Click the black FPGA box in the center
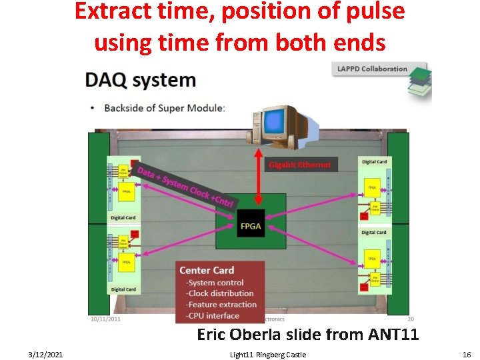(x=246, y=225)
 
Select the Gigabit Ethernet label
(x=299, y=165)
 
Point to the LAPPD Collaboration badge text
(x=372, y=69)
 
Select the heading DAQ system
(x=141, y=81)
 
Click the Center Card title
(x=207, y=270)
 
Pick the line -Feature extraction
(x=221, y=305)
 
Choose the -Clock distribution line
(x=220, y=293)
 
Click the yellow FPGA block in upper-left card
(x=126, y=193)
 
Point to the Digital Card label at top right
(x=374, y=162)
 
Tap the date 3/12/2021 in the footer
(x=46, y=355)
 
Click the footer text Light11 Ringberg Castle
(x=263, y=355)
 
